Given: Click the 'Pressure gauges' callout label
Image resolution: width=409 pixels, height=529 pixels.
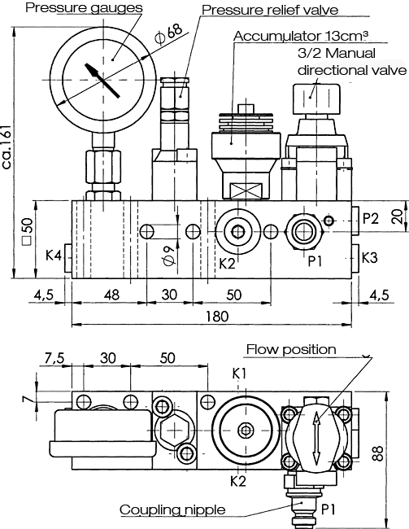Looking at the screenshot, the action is [84, 8].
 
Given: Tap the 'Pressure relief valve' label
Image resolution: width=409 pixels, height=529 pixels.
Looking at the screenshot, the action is [270, 10].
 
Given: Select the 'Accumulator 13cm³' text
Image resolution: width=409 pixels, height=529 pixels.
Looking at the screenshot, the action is [300, 36].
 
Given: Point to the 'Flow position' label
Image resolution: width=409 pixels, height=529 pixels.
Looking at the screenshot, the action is [291, 349].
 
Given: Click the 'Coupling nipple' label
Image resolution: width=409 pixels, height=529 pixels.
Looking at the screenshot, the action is [172, 509].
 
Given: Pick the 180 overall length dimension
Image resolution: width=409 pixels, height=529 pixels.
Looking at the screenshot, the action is [217, 317].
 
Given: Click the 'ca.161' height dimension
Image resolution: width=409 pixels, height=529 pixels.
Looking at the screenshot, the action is [7, 147].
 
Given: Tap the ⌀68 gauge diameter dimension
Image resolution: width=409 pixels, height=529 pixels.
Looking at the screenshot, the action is [168, 33].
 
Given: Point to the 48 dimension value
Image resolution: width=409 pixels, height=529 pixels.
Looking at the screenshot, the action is [111, 295].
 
